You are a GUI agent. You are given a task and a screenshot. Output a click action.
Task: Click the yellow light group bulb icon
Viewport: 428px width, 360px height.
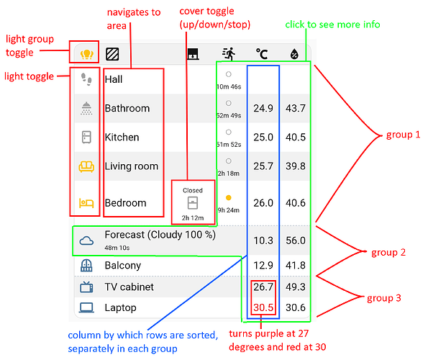(87, 54)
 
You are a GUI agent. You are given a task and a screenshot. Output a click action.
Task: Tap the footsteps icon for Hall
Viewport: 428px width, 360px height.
(86, 79)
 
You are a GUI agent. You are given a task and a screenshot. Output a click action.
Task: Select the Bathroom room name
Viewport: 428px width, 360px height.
(127, 109)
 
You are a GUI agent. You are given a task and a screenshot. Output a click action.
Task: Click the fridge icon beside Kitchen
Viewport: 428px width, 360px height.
(86, 137)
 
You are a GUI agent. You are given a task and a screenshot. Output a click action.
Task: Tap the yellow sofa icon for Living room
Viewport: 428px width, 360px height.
(86, 166)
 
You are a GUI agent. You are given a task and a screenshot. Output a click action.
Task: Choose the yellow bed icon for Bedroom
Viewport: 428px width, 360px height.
(86, 203)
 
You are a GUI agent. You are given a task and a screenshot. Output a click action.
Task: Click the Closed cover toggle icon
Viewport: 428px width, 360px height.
(193, 203)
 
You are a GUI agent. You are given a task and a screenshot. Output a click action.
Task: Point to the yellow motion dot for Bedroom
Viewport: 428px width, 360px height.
(229, 197)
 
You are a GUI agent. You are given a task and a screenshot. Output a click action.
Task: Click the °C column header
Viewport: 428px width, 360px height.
(262, 54)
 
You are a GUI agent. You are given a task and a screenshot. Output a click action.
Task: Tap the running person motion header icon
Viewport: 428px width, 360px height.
(229, 53)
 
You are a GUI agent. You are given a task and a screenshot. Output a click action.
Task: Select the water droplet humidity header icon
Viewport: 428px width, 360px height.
(294, 54)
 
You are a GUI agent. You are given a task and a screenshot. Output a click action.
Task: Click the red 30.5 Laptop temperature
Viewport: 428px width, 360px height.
(263, 307)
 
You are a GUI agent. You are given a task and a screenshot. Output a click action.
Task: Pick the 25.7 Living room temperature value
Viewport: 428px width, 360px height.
(263, 166)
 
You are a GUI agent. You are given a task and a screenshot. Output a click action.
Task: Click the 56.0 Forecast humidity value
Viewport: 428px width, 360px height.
(296, 240)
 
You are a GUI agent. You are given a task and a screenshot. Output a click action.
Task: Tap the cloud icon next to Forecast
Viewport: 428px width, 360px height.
(86, 240)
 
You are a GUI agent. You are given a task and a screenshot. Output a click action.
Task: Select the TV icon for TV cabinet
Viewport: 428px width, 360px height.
(86, 287)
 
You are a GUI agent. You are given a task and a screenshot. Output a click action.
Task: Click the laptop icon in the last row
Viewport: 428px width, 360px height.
(86, 308)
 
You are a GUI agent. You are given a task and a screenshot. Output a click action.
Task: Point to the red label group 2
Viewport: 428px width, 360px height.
(388, 253)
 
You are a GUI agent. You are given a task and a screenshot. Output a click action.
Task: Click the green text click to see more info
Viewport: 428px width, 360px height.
(333, 24)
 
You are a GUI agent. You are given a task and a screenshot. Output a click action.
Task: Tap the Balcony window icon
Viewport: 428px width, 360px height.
(86, 265)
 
